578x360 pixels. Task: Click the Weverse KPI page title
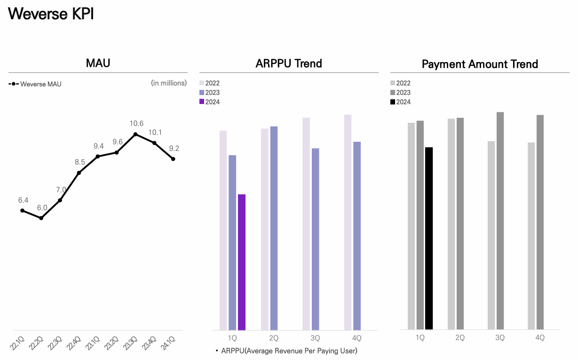pyautogui.click(x=51, y=14)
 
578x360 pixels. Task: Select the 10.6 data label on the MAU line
pyautogui.click(x=136, y=124)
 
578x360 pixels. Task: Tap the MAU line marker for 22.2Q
pyautogui.click(x=41, y=218)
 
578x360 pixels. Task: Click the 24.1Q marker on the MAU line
pyautogui.click(x=174, y=159)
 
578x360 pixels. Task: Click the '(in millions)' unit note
pyautogui.click(x=169, y=83)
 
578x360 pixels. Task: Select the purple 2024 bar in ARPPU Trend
pyautogui.click(x=242, y=262)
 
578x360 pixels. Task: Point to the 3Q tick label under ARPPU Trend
pyautogui.click(x=315, y=338)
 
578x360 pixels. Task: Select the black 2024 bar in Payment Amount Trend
pyautogui.click(x=428, y=238)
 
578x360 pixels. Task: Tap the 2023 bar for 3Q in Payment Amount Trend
pyautogui.click(x=500, y=221)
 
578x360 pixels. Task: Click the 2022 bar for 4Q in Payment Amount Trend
pyautogui.click(x=531, y=236)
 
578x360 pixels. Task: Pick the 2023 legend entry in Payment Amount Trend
pyautogui.click(x=400, y=93)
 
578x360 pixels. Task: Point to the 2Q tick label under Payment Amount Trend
pyautogui.click(x=460, y=337)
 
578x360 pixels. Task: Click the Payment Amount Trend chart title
pyautogui.click(x=480, y=64)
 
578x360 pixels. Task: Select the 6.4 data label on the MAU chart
pyautogui.click(x=24, y=200)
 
